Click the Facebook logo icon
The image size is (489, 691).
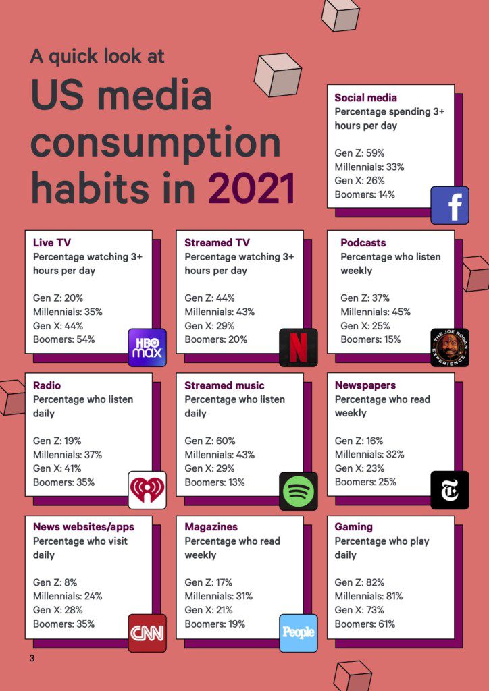click(x=450, y=205)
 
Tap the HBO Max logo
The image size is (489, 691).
click(x=147, y=348)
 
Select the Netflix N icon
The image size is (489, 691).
click(x=298, y=348)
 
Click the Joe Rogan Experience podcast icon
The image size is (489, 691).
click(x=449, y=348)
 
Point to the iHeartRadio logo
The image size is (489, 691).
click(x=147, y=490)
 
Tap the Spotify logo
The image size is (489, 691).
click(x=298, y=491)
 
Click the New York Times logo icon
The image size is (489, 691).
click(x=449, y=490)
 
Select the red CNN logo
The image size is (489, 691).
click(x=147, y=632)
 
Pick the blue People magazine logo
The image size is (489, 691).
click(x=298, y=632)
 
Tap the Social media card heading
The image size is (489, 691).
click(x=365, y=98)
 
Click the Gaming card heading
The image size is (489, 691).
click(x=353, y=526)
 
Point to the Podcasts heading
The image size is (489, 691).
click(x=363, y=242)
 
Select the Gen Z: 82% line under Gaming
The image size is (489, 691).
click(x=359, y=582)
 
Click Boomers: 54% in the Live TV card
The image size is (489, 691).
click(x=64, y=339)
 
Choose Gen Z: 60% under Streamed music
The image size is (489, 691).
click(x=210, y=441)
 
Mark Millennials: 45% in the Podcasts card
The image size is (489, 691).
click(x=375, y=312)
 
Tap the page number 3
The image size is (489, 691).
click(x=32, y=658)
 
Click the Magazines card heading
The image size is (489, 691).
click(x=211, y=526)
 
